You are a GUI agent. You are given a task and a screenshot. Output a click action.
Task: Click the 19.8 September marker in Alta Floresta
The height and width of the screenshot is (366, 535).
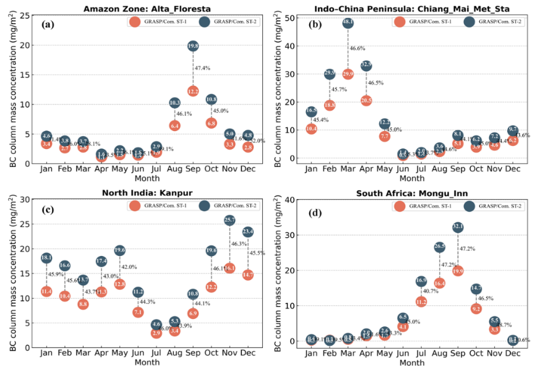pos(192,46)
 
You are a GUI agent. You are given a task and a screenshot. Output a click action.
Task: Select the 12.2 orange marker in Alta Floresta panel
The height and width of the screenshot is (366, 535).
pos(192,91)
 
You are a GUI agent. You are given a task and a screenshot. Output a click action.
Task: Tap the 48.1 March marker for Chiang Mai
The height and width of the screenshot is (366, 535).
pos(348,23)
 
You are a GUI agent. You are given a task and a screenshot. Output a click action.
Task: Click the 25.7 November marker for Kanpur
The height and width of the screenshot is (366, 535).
pos(229,220)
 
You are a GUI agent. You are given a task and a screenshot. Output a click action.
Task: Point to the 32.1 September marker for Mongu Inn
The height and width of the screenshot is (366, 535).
pos(458,227)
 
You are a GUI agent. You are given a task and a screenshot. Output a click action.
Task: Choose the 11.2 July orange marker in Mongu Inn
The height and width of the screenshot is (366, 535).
pos(421,302)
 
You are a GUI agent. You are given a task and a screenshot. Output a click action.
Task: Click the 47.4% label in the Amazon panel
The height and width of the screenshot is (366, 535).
pos(203,68)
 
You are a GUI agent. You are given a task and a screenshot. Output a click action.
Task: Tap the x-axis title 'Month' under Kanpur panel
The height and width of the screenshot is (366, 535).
pos(147,362)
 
